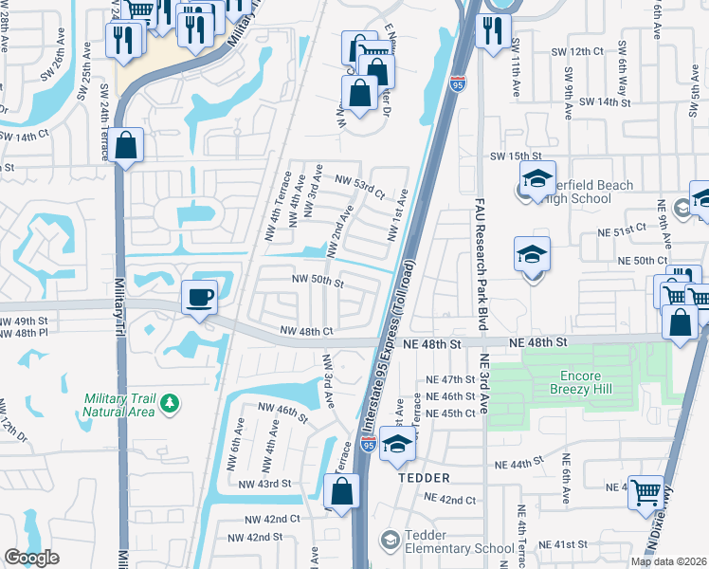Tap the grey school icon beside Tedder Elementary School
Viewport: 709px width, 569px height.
[390, 541]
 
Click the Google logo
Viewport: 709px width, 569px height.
[31, 558]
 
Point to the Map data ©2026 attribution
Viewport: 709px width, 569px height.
[668, 561]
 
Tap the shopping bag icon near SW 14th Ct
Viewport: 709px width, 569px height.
[125, 146]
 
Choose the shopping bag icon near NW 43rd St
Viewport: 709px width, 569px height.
[341, 492]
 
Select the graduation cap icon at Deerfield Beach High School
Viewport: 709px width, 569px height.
[536, 179]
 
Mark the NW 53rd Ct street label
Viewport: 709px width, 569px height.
[359, 186]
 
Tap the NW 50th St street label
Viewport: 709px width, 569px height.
[317, 281]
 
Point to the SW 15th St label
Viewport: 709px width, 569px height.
[515, 156]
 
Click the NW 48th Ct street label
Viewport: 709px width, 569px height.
[307, 332]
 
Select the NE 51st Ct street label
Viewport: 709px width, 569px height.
[621, 229]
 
